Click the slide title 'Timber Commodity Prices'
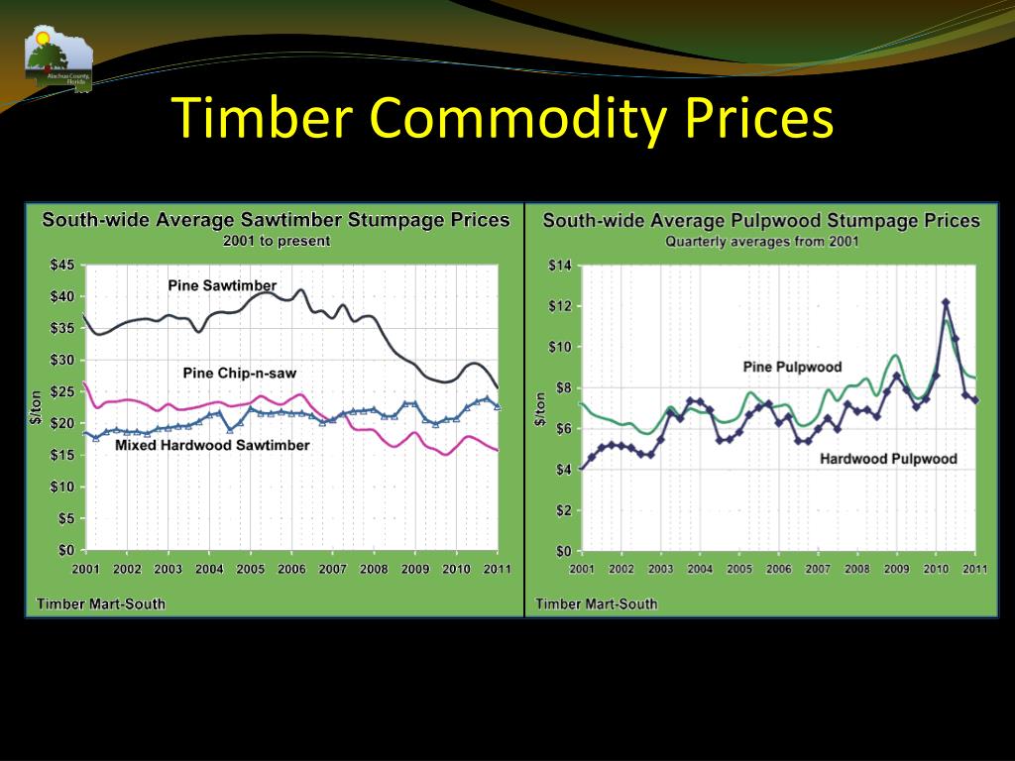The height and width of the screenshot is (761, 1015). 504,120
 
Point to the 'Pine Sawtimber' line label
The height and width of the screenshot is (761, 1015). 222,286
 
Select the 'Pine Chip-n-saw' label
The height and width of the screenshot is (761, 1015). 240,374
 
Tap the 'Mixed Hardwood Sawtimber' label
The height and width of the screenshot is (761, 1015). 212,446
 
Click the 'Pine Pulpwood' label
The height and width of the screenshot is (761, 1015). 792,368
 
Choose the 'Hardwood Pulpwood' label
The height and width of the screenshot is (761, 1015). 888,459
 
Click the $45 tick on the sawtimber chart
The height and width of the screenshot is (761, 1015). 62,265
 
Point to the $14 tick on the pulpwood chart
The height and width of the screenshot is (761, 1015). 560,265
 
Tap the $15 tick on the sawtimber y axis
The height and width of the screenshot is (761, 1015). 62,455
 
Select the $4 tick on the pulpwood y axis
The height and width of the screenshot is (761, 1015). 563,470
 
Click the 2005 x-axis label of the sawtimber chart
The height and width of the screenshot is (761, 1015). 250,570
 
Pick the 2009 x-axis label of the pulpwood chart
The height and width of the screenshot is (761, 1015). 896,570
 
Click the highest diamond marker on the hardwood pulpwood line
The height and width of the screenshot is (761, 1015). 946,302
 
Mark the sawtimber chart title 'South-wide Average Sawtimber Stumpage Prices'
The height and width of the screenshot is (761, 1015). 276,220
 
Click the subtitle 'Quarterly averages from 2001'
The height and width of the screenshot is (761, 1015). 761,241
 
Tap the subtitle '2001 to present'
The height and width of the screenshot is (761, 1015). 277,241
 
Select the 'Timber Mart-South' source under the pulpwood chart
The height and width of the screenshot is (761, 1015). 597,603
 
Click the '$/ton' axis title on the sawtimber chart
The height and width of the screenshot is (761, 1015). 37,408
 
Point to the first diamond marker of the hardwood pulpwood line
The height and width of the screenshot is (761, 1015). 582,468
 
